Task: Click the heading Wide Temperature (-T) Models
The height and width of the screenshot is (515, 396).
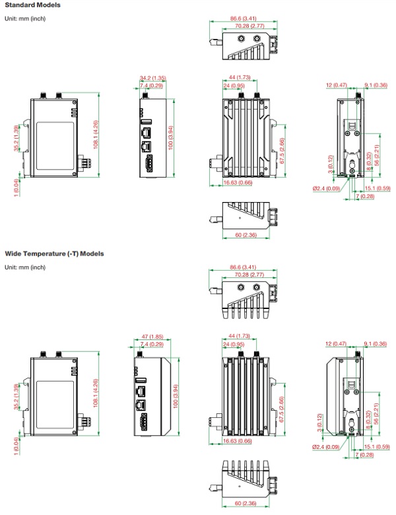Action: (54, 253)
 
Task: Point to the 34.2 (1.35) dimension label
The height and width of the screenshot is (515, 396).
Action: (152, 78)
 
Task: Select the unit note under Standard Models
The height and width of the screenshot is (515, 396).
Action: (25, 18)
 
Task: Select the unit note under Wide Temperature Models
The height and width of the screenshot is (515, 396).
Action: (25, 267)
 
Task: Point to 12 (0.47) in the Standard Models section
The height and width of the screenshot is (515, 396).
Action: (337, 85)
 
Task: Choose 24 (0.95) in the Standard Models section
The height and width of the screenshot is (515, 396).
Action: (234, 86)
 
